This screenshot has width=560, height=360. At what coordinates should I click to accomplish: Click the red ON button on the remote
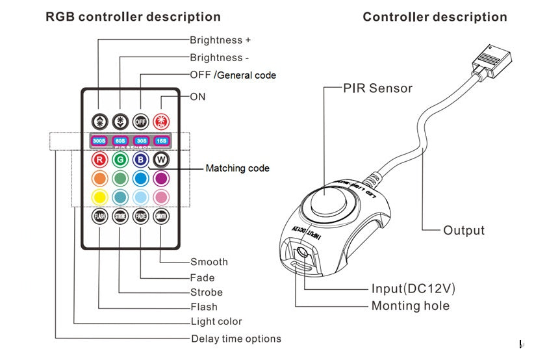point(161,121)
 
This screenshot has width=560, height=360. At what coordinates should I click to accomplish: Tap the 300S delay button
point(99,140)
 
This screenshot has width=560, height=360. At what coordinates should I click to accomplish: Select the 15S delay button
point(161,140)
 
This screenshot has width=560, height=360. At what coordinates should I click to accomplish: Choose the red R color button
point(99,159)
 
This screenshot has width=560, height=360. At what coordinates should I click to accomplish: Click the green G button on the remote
point(120,159)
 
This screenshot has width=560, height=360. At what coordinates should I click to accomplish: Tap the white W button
point(161,159)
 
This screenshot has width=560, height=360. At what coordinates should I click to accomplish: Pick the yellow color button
point(99,196)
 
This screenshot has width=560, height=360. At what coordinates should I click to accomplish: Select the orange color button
point(99,178)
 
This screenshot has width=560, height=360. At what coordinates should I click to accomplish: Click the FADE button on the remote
point(141,216)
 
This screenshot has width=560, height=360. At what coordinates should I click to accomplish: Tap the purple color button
point(161,178)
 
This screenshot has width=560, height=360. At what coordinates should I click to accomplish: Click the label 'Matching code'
point(237,168)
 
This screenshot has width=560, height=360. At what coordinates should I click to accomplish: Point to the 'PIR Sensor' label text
point(377,88)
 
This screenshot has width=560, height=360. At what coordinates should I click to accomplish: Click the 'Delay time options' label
point(236,339)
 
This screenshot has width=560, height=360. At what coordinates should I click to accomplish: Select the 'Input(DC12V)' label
point(413,289)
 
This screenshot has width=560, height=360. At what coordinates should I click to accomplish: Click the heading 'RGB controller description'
point(133,17)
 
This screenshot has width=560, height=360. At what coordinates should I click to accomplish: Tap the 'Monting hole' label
point(410,305)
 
